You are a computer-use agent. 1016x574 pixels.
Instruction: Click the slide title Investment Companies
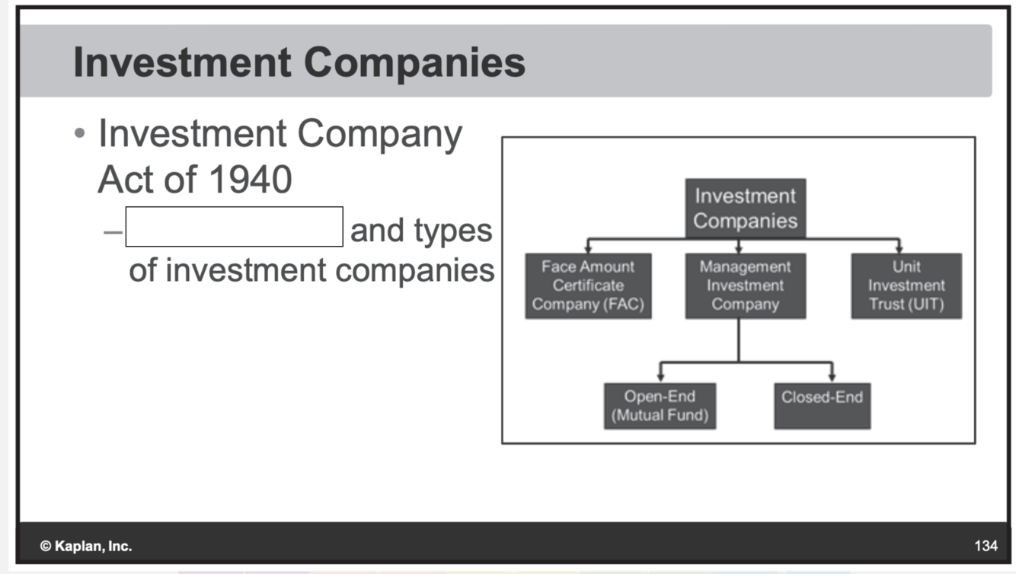[299, 62]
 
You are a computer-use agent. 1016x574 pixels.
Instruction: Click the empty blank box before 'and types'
[234, 227]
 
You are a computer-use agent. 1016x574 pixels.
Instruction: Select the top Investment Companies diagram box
[745, 208]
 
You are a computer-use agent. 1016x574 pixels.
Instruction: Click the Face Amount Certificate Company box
[588, 285]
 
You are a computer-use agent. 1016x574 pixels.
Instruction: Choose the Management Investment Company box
[745, 285]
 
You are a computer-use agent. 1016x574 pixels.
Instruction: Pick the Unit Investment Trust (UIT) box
[906, 285]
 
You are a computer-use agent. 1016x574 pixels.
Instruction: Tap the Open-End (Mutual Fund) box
[660, 406]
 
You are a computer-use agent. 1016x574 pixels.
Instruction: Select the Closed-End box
[822, 406]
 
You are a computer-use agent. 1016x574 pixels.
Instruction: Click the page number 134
[986, 546]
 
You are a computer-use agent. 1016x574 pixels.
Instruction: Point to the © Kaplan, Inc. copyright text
[86, 546]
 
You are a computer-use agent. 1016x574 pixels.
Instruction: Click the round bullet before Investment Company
[81, 134]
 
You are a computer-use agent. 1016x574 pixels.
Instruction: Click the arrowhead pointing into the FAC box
[587, 248]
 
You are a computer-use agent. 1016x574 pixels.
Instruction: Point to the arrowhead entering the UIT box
[899, 248]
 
